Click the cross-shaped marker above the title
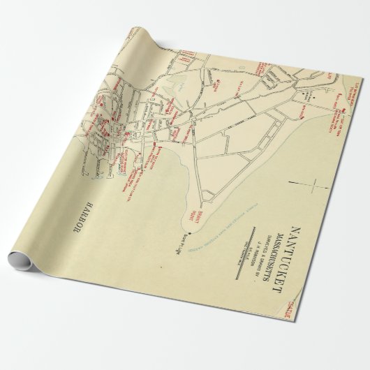(316, 187)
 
